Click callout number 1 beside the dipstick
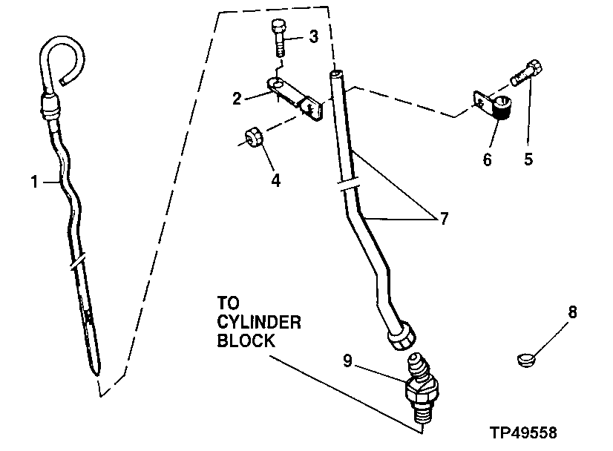tap(34, 180)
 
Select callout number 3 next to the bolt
tap(314, 36)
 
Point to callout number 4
tap(275, 180)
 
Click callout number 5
tap(528, 159)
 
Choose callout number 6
tap(488, 159)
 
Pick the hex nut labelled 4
tap(252, 139)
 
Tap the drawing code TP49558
tap(523, 432)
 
